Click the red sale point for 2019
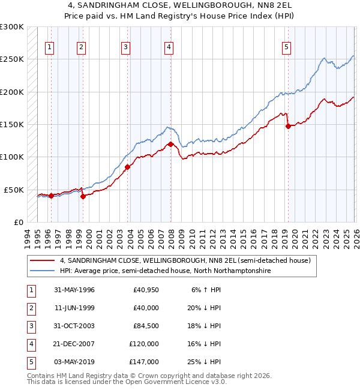(x=288, y=126)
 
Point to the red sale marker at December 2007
(x=170, y=144)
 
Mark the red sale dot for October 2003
(x=128, y=167)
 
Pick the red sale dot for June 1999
(x=83, y=196)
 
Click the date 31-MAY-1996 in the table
(x=74, y=290)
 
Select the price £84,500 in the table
(x=146, y=326)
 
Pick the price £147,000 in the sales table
(x=144, y=362)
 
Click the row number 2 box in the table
(x=31, y=308)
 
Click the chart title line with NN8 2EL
(x=180, y=5)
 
